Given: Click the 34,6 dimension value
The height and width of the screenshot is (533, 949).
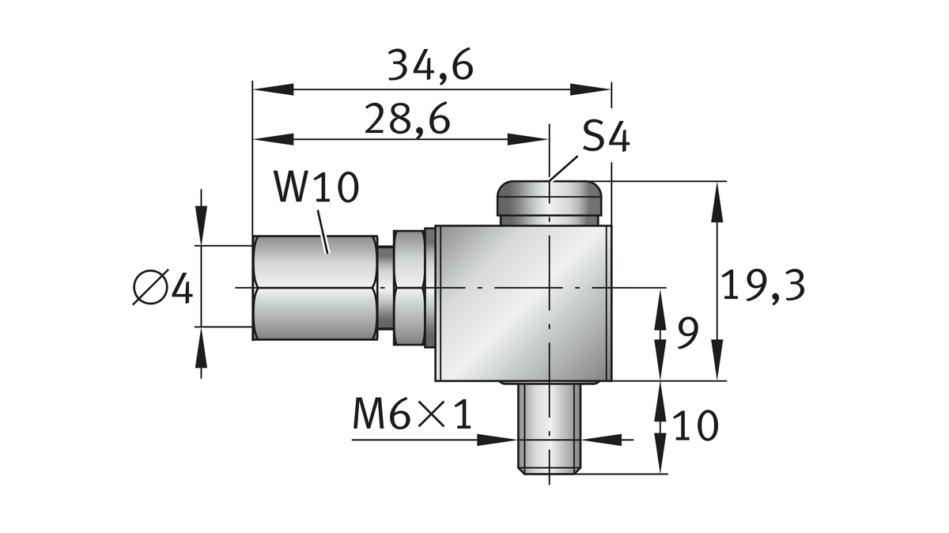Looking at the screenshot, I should [431, 66].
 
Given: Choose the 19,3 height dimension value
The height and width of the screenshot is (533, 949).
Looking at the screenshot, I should [763, 285].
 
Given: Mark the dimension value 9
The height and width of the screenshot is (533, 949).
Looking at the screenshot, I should [687, 334].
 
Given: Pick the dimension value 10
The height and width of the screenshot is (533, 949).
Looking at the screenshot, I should [695, 426].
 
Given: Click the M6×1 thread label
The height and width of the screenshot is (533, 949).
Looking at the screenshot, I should [412, 417].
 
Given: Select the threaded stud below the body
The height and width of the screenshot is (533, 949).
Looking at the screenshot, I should [550, 429].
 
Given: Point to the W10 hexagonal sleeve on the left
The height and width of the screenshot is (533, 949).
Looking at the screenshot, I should [315, 287].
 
